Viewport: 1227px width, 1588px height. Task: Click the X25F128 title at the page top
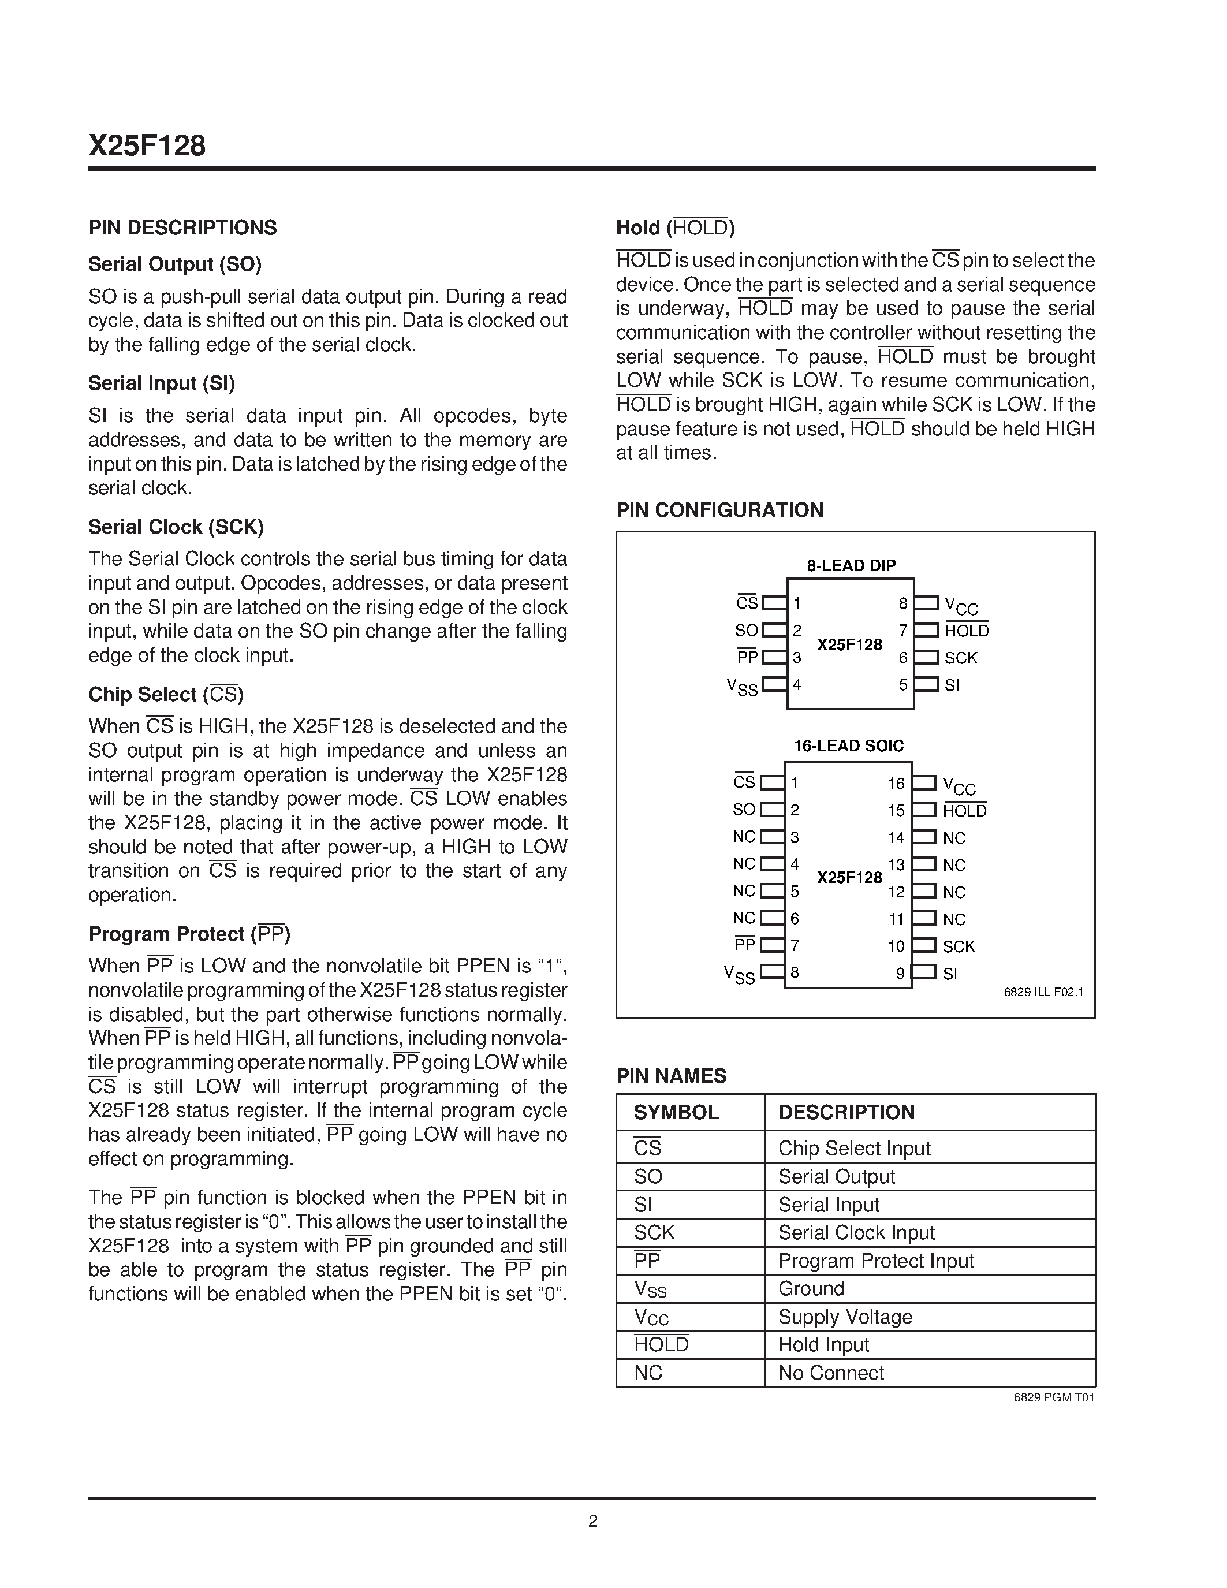point(148,146)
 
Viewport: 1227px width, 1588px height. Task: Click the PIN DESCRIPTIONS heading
point(182,228)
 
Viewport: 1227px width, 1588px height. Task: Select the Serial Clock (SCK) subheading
point(176,527)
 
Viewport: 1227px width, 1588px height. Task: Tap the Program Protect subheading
point(189,934)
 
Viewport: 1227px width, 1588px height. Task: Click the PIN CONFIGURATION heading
point(719,510)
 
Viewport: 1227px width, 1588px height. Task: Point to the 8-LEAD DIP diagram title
point(851,565)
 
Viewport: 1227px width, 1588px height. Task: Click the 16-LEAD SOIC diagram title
point(848,745)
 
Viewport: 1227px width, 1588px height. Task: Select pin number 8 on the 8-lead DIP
point(903,603)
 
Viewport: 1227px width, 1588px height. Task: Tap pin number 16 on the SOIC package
point(896,783)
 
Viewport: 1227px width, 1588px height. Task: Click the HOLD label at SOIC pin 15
point(965,811)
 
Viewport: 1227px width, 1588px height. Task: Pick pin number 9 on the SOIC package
point(900,974)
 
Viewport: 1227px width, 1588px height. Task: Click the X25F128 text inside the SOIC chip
point(849,877)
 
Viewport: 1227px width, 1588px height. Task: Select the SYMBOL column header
point(676,1112)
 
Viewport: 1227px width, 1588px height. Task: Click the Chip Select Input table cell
point(854,1147)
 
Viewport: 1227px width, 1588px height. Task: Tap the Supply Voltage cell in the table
point(845,1317)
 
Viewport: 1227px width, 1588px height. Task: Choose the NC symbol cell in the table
point(648,1373)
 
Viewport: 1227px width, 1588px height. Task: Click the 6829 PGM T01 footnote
point(1053,1397)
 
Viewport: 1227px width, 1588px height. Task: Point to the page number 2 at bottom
point(592,1521)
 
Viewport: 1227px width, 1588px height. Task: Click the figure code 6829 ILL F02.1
point(1043,991)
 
